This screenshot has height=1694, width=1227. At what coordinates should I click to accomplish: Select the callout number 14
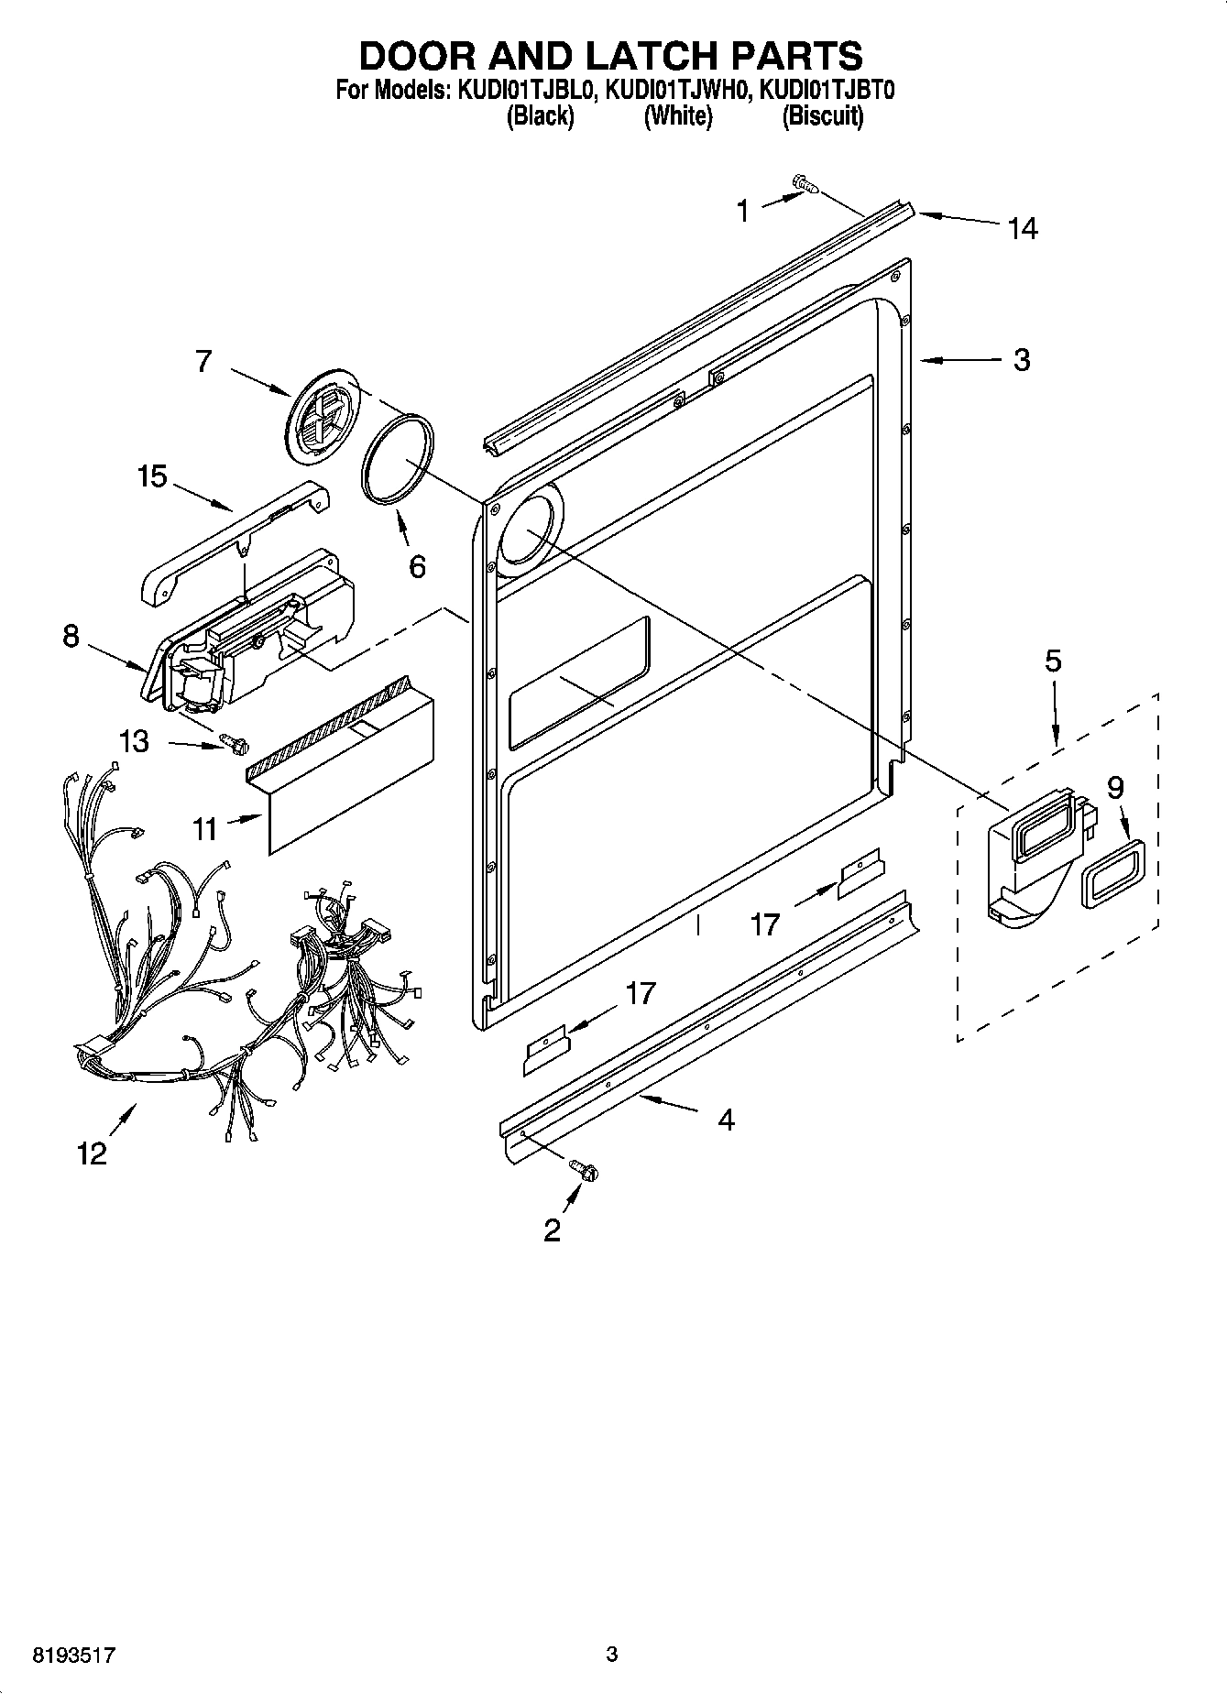pos(1022,228)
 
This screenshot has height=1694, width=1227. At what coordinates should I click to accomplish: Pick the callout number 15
pos(152,477)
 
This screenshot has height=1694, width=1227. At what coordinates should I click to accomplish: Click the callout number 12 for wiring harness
pos(92,1153)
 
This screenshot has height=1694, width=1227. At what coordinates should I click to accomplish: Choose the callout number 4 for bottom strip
pos(726,1120)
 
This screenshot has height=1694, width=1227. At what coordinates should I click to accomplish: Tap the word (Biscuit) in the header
pos(822,116)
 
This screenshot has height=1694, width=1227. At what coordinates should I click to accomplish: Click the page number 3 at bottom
pos(611,1655)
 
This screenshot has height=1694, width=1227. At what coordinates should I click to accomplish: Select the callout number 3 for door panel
pos(1021,360)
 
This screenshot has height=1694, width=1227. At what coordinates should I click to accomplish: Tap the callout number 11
pos(204,828)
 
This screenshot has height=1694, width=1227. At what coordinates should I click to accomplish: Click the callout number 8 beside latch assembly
pos(71,636)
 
